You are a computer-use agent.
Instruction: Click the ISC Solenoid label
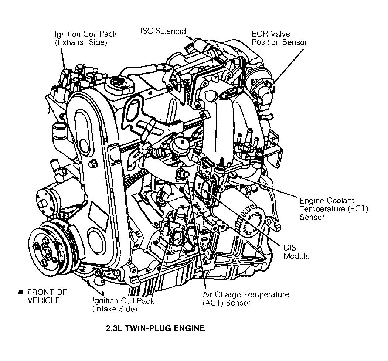(x=163, y=31)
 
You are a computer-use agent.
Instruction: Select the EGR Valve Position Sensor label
(x=279, y=37)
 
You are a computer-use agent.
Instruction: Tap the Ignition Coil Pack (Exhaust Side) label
(x=86, y=38)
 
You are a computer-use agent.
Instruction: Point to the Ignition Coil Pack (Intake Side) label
(x=123, y=305)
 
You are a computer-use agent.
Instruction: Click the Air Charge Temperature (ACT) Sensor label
(x=245, y=299)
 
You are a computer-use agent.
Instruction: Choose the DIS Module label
(x=296, y=252)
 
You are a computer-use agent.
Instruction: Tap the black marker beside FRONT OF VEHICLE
(x=21, y=293)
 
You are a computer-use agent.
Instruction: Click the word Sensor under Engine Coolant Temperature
(x=312, y=217)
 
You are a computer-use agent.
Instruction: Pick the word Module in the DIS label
(x=296, y=256)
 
